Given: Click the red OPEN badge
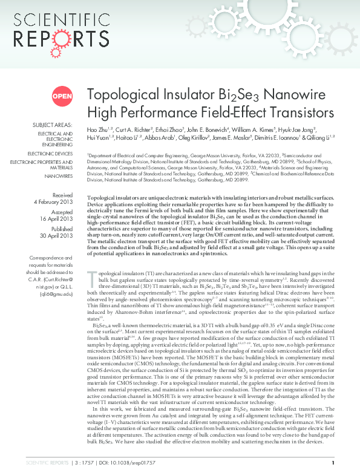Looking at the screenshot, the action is point(62,96).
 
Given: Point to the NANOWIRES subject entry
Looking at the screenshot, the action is point(59,175).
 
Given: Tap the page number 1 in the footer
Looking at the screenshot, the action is point(342,462).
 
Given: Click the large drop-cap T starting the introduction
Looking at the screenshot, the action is point(92,278).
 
